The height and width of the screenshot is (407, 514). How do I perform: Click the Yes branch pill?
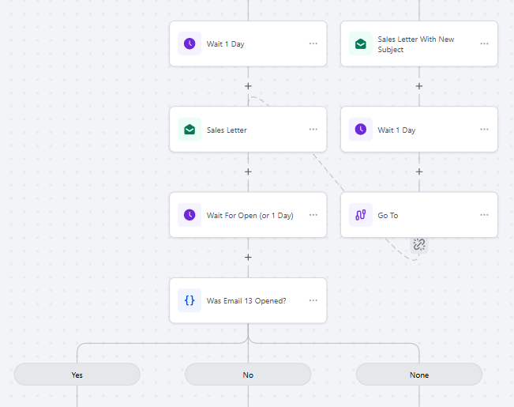(77, 375)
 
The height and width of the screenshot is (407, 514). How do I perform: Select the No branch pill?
(248, 375)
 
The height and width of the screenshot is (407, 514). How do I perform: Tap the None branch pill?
(419, 375)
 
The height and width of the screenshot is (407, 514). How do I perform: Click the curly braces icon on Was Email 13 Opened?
(189, 300)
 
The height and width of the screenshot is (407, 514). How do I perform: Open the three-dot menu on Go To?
(484, 215)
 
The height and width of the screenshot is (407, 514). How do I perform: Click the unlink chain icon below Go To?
(419, 244)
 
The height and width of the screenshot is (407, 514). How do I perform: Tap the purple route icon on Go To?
(361, 215)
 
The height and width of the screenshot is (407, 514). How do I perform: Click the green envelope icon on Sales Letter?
(189, 130)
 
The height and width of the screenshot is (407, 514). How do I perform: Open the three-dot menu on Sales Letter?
(313, 130)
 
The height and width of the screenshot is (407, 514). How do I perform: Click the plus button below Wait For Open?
(248, 258)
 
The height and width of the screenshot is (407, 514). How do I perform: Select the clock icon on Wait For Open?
(189, 215)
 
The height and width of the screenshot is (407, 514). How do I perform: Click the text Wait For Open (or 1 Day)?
(249, 216)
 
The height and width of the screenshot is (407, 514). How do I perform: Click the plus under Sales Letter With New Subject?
(419, 86)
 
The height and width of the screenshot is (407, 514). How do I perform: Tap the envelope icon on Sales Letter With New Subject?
(361, 43)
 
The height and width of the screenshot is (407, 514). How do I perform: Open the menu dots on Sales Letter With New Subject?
(484, 43)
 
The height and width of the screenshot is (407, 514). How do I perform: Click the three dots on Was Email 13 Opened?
(313, 300)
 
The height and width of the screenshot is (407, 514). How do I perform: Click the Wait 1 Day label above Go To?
(396, 130)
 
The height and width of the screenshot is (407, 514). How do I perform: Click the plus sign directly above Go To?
(419, 171)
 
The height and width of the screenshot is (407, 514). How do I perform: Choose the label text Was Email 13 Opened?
(246, 300)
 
